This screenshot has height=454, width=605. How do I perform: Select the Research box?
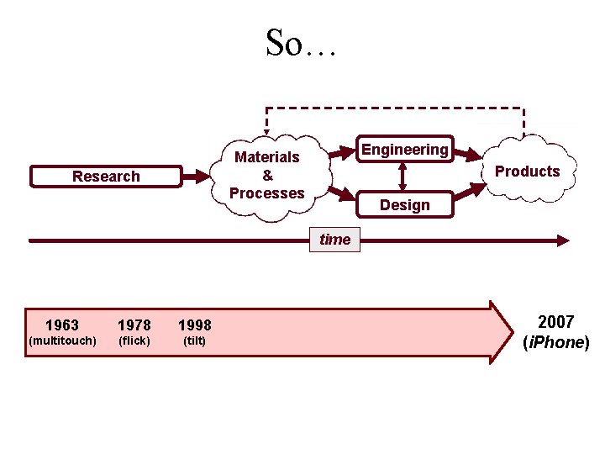pos(106,177)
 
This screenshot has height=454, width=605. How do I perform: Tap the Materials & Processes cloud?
pos(267,175)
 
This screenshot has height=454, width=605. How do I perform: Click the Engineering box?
pos(404,150)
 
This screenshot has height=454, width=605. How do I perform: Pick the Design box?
pos(404,205)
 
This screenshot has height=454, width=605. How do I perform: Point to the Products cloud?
pos(527,172)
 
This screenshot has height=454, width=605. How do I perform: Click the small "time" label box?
pos(334,240)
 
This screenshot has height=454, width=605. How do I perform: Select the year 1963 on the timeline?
pos(62,325)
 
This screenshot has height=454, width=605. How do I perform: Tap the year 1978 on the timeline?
pos(134,325)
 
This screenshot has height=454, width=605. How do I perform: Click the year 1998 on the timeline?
pos(195,325)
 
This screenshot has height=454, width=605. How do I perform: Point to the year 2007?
pos(555,322)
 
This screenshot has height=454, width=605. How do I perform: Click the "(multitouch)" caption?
pos(62,340)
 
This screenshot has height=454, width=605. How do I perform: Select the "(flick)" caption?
pos(134,340)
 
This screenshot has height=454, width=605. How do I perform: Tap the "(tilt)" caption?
pos(195,340)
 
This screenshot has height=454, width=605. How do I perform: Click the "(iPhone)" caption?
pos(555,343)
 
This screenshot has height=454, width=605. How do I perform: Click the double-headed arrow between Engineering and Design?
pos(403,177)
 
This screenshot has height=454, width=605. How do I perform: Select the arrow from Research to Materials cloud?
pos(198,177)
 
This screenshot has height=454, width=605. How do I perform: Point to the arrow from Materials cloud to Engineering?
pos(339,154)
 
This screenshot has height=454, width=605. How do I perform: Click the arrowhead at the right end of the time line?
pos(562,240)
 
